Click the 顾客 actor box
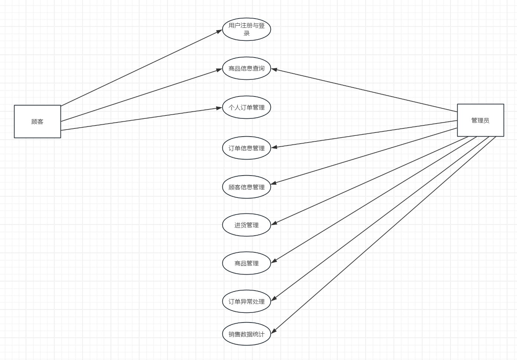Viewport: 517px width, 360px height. click(37, 121)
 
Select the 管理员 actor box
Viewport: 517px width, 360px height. click(480, 120)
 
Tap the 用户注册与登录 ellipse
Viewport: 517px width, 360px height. click(246, 29)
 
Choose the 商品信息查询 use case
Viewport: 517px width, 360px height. click(246, 68)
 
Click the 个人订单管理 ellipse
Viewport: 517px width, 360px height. click(246, 108)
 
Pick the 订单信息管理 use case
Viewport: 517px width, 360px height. click(246, 148)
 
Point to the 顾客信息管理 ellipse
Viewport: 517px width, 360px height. click(246, 187)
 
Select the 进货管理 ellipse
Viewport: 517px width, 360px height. click(246, 225)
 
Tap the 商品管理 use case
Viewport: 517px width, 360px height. click(246, 263)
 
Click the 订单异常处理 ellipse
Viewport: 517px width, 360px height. click(246, 301)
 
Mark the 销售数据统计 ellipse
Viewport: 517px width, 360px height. click(246, 334)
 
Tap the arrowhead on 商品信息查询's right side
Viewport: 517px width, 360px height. click(274, 69)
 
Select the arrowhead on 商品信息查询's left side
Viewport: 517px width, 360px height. click(219, 70)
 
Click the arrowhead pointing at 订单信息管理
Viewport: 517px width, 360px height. click(274, 147)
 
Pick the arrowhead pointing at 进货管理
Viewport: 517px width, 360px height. click(274, 223)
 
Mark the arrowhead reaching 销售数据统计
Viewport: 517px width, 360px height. click(274, 331)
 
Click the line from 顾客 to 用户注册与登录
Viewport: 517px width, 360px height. click(141, 68)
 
